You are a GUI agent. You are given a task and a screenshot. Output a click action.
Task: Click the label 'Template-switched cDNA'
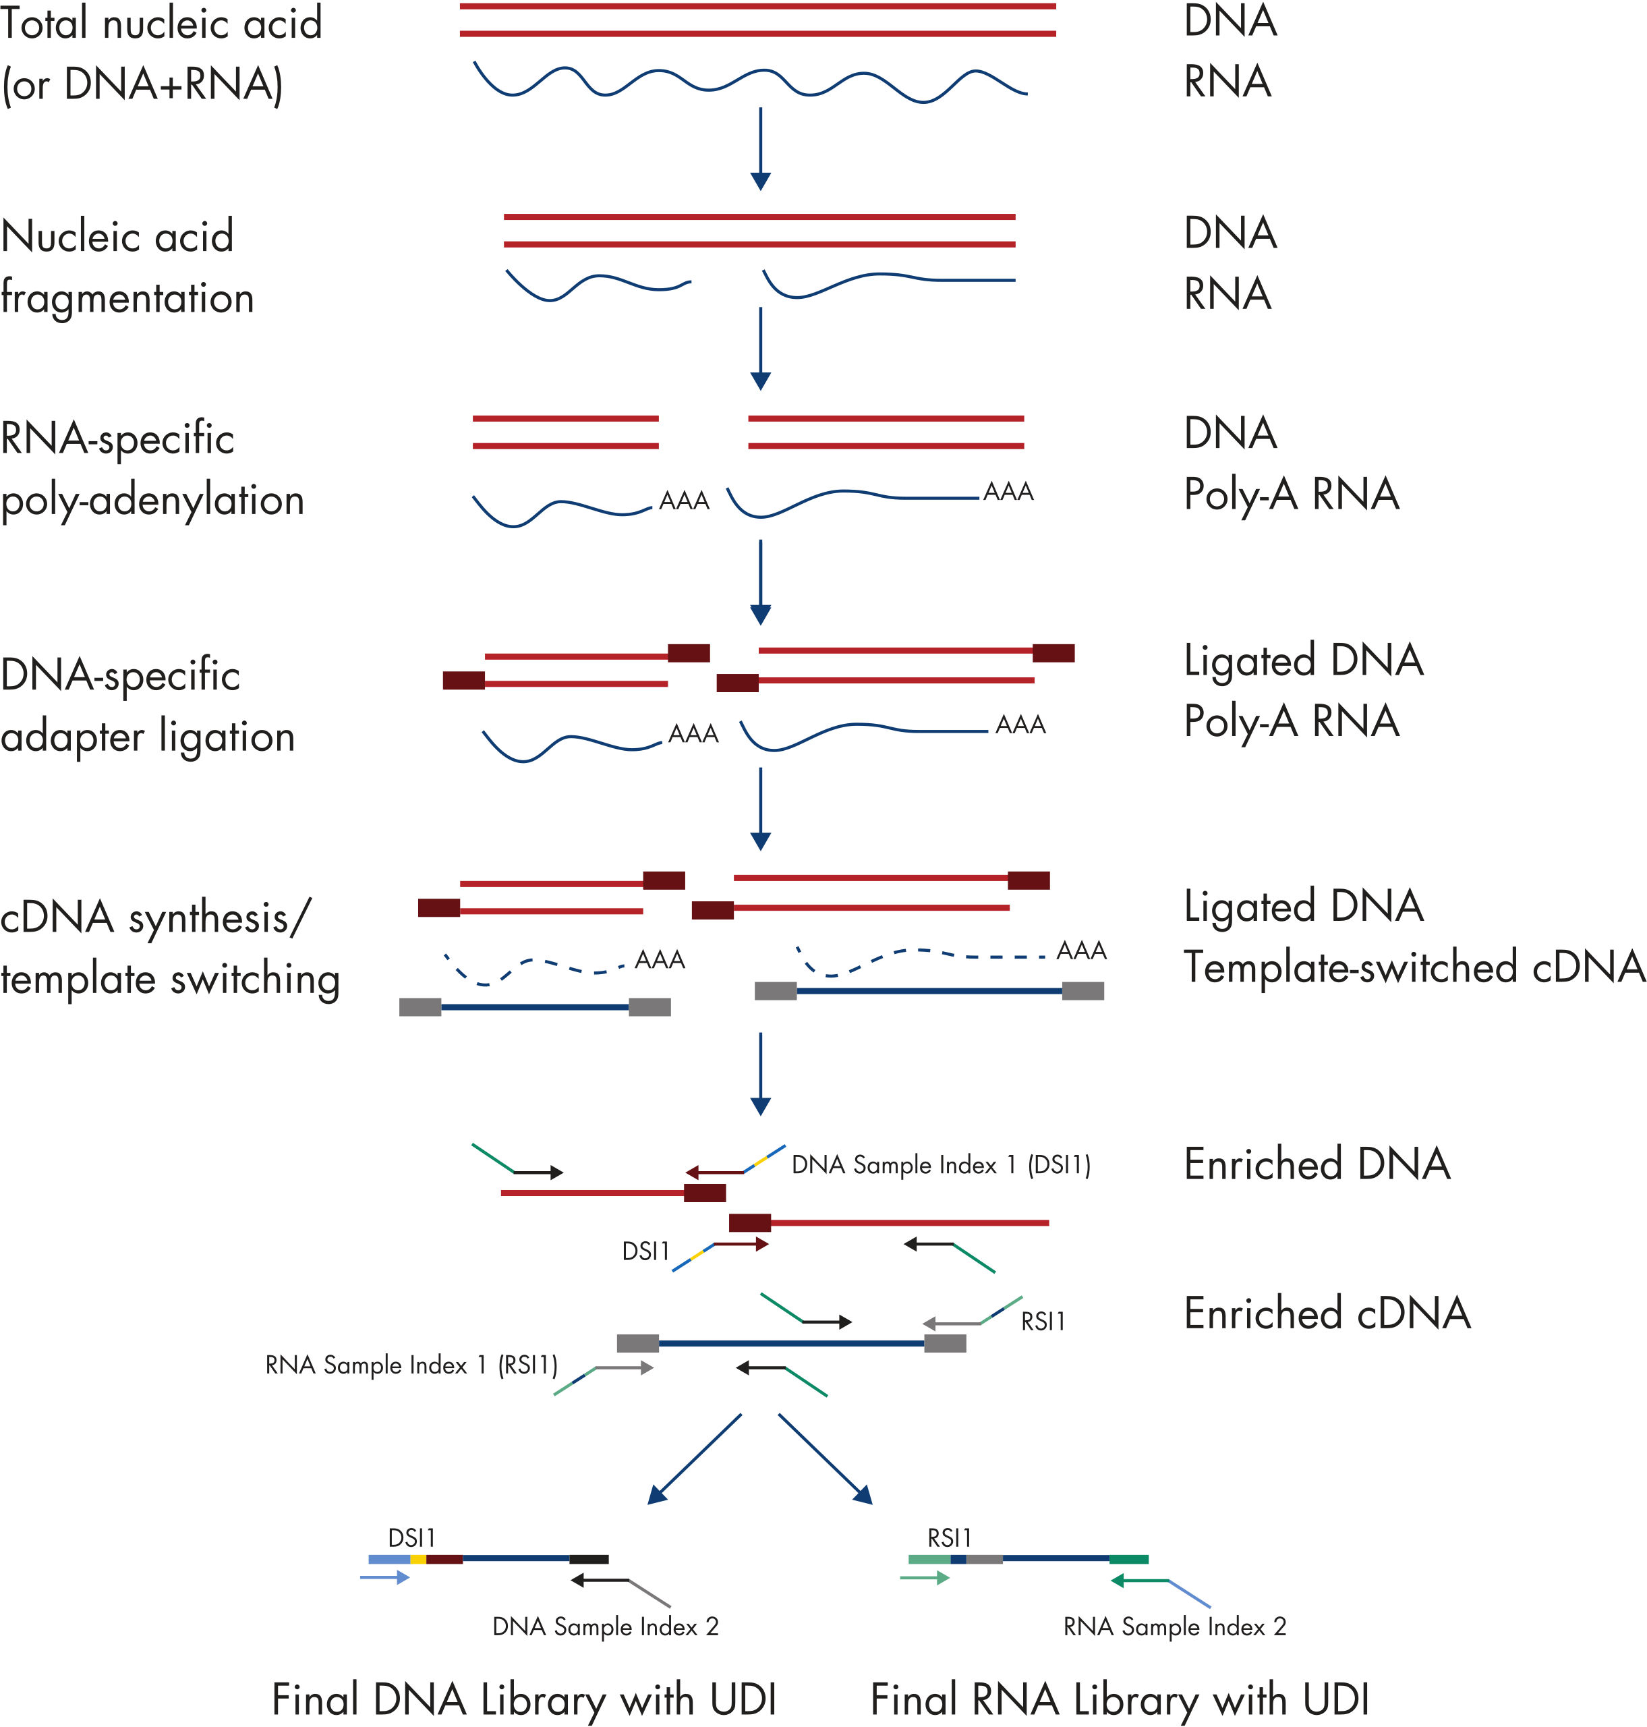(1414, 967)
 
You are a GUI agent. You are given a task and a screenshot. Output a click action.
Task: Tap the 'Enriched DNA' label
(1317, 1164)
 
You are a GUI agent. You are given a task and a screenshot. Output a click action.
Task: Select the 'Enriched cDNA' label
(1327, 1313)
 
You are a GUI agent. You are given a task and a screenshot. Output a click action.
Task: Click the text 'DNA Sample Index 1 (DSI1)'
(940, 1165)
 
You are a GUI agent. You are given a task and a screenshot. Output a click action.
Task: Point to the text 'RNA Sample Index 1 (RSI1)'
(411, 1365)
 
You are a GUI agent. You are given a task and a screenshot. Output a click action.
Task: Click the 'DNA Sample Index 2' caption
(605, 1627)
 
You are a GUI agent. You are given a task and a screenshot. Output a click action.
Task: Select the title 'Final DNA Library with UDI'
(524, 1700)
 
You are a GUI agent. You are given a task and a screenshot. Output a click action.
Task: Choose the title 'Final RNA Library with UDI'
(1120, 1700)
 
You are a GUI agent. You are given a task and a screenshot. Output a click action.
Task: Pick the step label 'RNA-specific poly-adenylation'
(152, 469)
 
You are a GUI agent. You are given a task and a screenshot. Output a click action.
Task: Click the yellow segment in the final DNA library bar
(418, 1559)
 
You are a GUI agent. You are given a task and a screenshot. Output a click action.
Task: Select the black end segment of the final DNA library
(588, 1559)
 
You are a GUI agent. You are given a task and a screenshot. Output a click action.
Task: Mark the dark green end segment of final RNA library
(1128, 1559)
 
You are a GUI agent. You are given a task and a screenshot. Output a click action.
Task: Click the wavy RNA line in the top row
(751, 84)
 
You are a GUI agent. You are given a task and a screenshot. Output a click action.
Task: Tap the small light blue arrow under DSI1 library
(384, 1578)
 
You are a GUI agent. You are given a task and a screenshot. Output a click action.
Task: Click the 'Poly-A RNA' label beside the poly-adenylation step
(1291, 494)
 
